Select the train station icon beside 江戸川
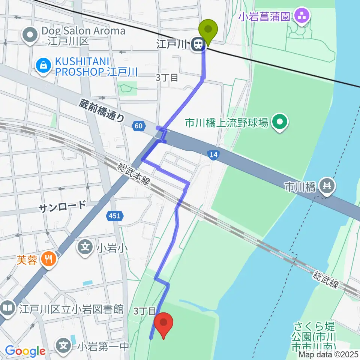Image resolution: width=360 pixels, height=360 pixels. pyautogui.click(x=197, y=45)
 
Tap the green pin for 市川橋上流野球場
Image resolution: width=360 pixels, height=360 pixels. pyautogui.click(x=279, y=122)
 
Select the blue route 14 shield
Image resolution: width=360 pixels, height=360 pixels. pyautogui.click(x=213, y=154)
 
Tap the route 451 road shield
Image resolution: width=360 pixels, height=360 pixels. pyautogui.click(x=115, y=216)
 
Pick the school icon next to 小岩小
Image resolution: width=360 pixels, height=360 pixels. pyautogui.click(x=86, y=247)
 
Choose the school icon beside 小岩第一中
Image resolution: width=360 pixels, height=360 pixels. pyautogui.click(x=65, y=345)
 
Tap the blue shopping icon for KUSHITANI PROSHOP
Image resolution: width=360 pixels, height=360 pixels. pyautogui.click(x=44, y=66)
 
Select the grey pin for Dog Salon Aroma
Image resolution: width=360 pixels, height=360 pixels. pyautogui.click(x=30, y=36)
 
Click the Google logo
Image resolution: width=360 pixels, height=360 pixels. pyautogui.click(x=25, y=351)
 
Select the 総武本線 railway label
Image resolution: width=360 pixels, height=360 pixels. pyautogui.click(x=133, y=175)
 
